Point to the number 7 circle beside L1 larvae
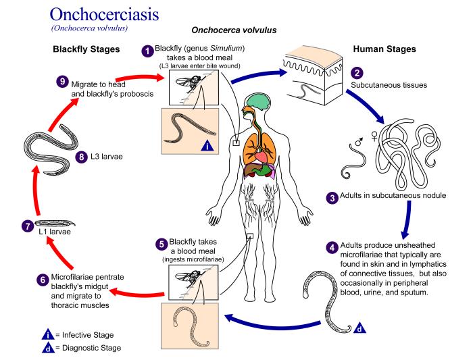[x=27, y=226]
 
